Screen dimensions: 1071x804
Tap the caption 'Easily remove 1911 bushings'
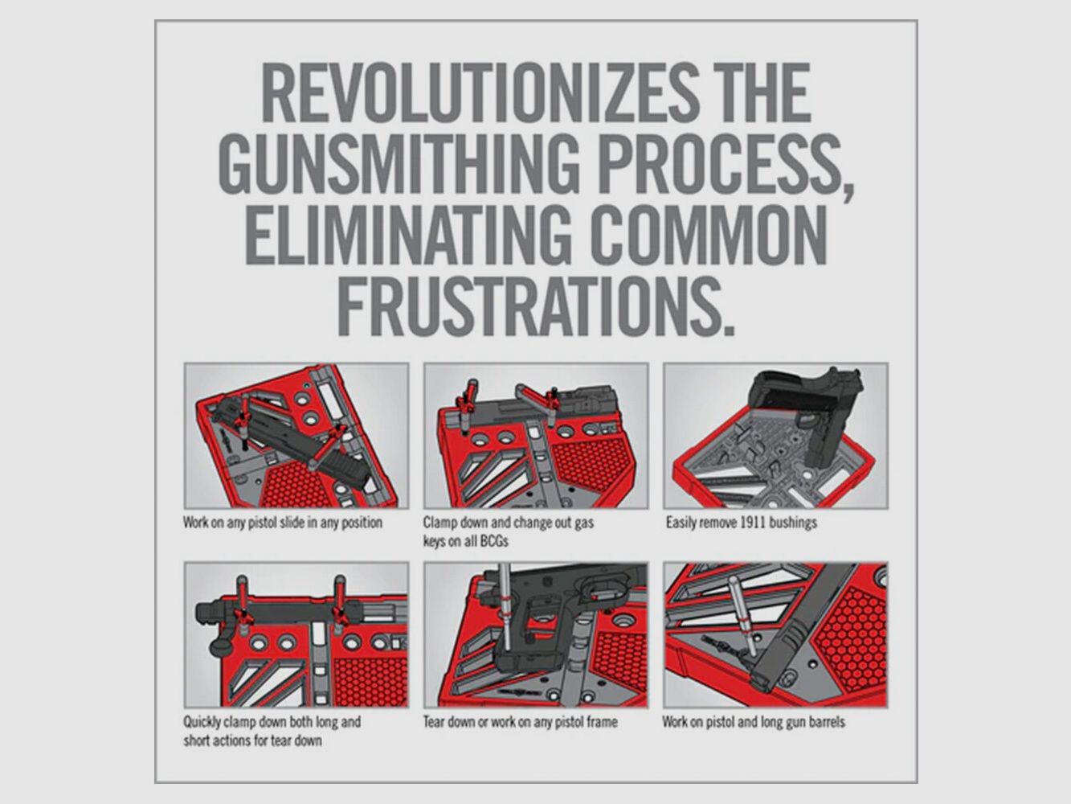741,523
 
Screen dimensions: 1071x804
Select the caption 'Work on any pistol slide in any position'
283,523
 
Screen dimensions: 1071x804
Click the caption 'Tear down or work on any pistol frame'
520,721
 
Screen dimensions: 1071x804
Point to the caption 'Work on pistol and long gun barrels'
754,721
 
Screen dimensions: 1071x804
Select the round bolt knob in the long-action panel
224,646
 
